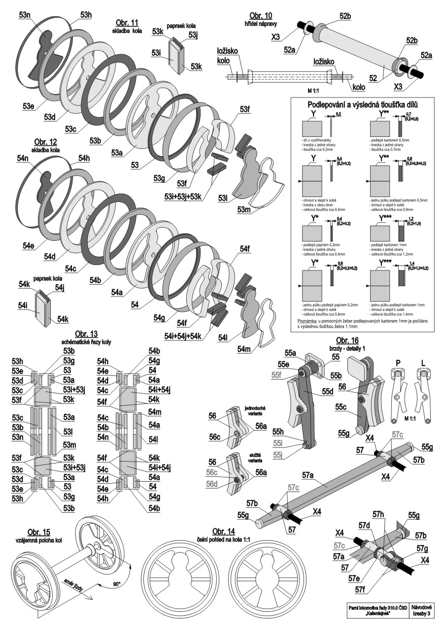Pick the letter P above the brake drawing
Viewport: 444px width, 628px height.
coord(394,362)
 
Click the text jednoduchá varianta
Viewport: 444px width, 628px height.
coord(255,411)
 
